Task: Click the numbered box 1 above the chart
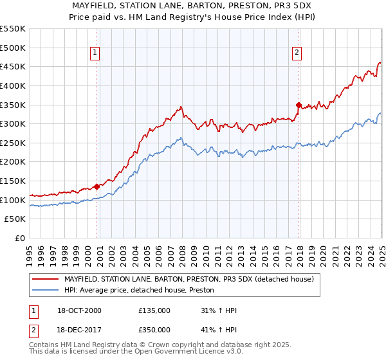[95, 53]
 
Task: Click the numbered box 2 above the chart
[297, 53]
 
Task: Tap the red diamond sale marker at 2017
[299, 104]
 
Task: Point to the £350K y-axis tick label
[13, 105]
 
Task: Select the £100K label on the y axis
[13, 200]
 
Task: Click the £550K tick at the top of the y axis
[13, 29]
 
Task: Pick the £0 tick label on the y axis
[19, 239]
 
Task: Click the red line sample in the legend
[46, 279]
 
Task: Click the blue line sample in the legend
[46, 290]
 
